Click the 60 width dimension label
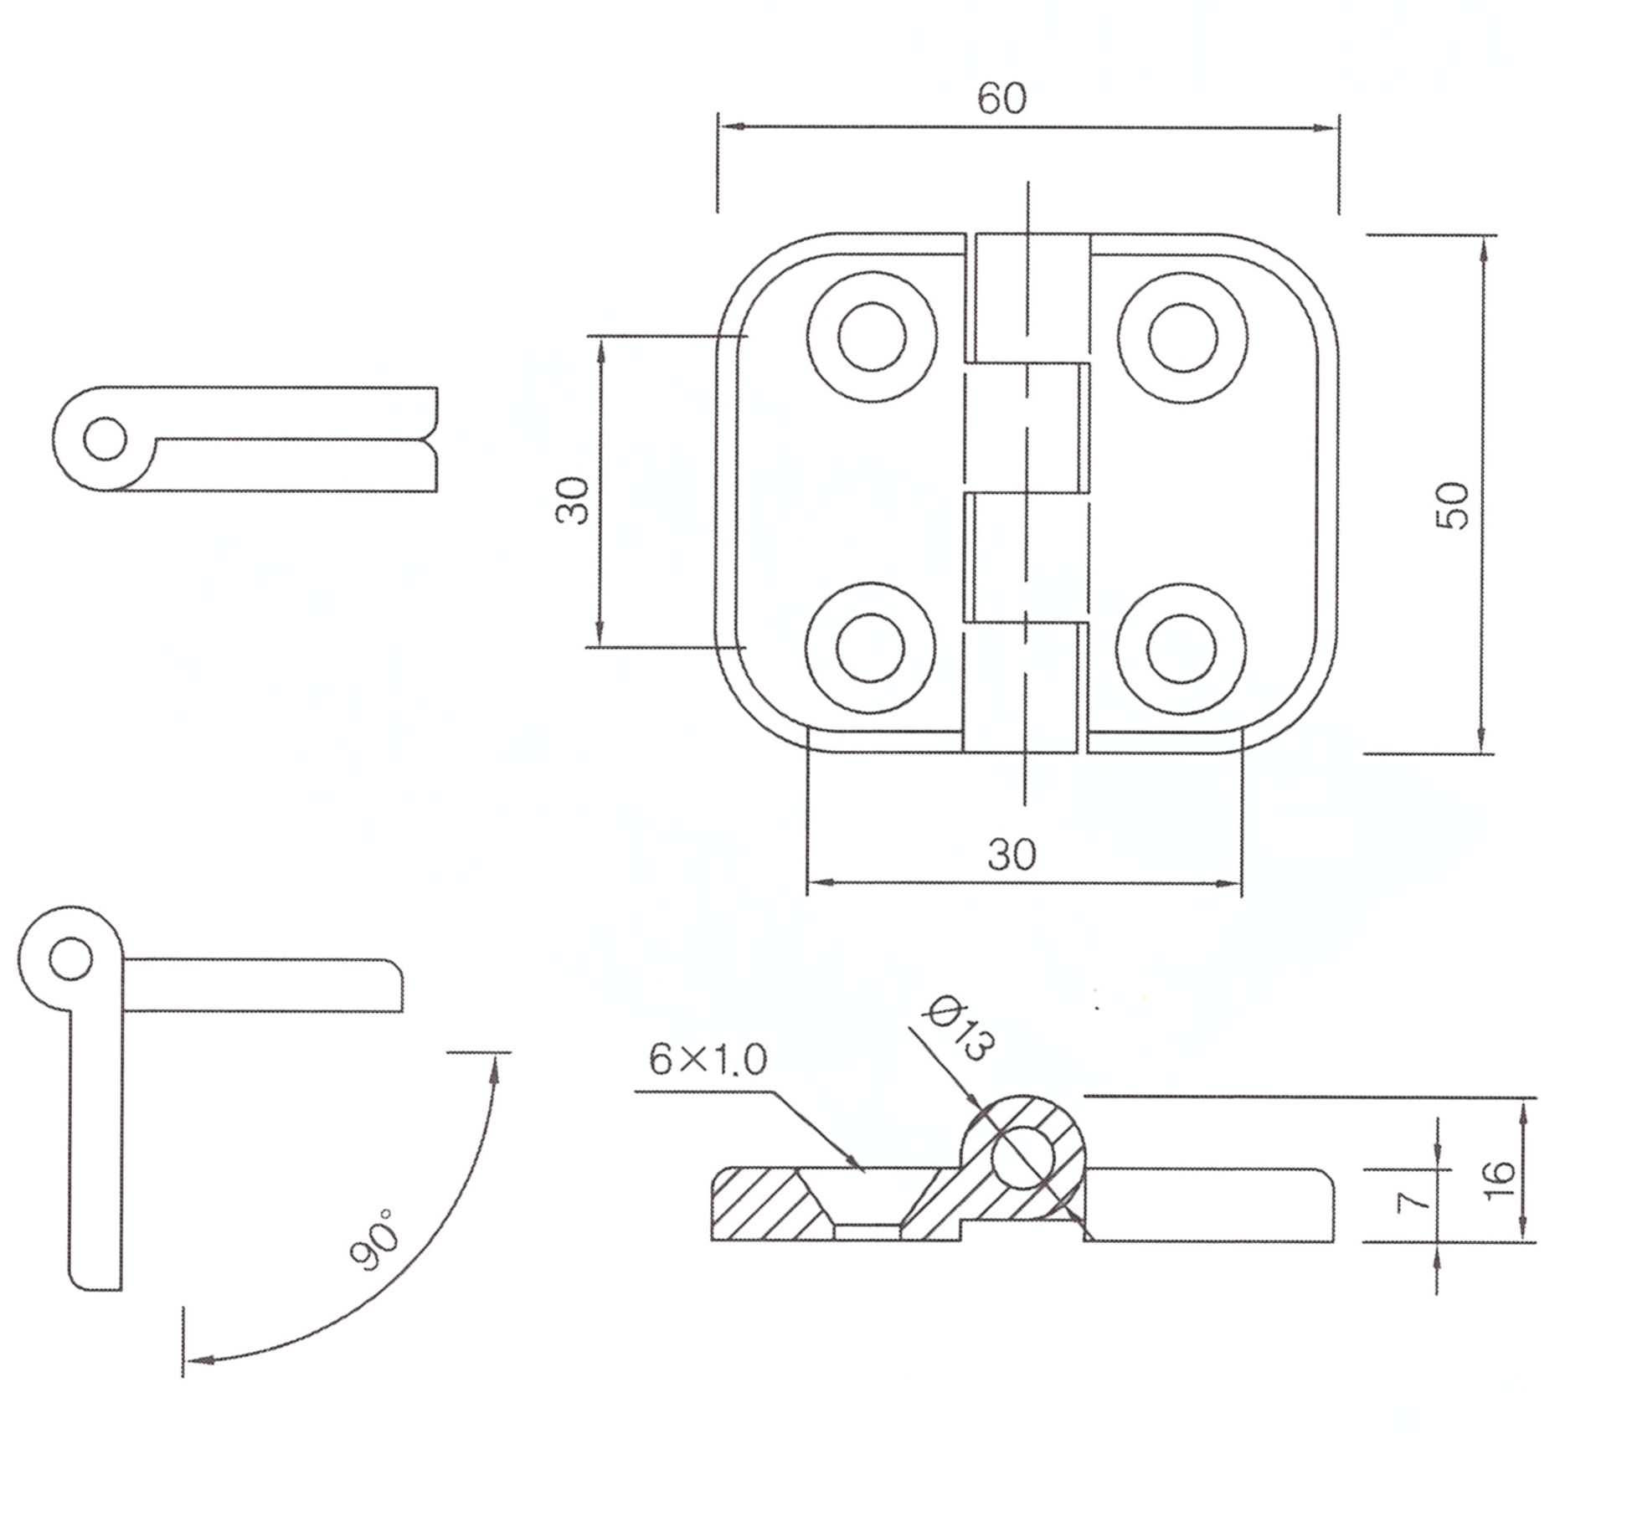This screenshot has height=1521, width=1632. coord(1001,99)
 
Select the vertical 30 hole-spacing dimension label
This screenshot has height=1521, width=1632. coord(574,500)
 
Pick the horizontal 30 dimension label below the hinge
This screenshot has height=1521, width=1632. coord(1012,855)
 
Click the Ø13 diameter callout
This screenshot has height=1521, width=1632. coord(960,1028)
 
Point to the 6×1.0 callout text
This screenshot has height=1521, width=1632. coord(708,1061)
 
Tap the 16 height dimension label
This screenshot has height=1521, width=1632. coord(1499,1180)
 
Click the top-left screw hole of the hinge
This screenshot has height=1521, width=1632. coord(872,337)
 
